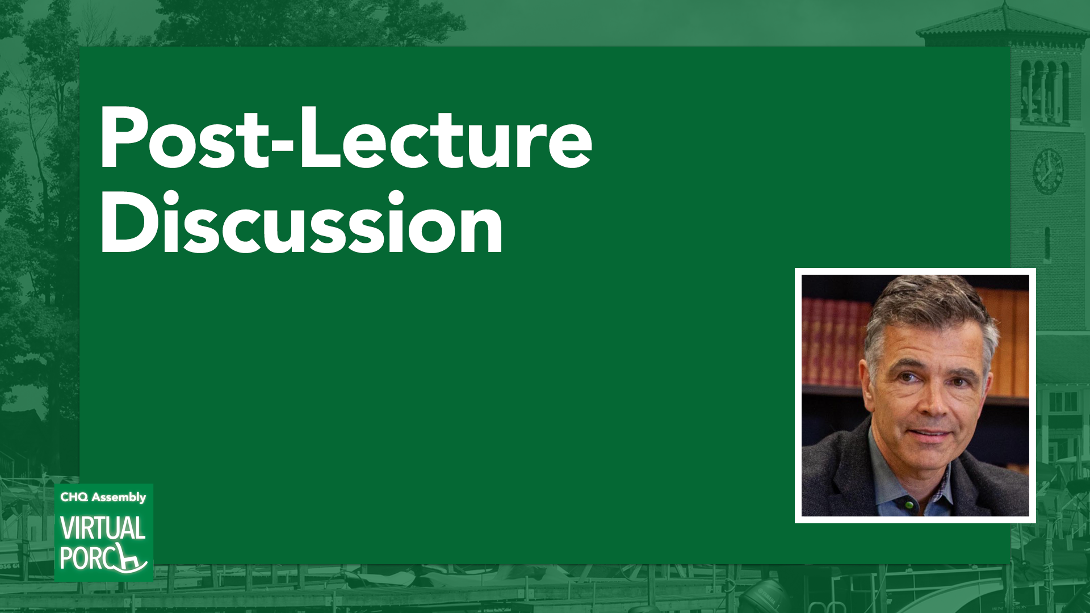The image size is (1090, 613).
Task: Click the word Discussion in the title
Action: (x=301, y=222)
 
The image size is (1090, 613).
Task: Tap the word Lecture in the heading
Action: (x=446, y=138)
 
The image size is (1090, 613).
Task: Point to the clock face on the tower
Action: (x=1047, y=171)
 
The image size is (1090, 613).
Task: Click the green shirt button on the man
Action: (x=909, y=503)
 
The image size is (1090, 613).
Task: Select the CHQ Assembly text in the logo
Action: (x=103, y=497)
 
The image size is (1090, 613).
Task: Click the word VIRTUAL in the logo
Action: (x=103, y=528)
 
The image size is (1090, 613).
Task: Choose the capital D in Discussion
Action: (x=125, y=223)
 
